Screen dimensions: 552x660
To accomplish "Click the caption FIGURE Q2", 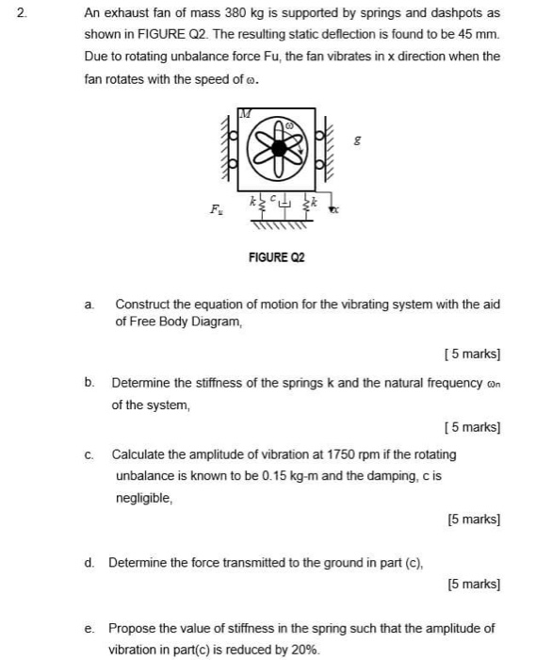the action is click(x=277, y=256).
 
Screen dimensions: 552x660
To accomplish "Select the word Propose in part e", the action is click(x=133, y=628).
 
